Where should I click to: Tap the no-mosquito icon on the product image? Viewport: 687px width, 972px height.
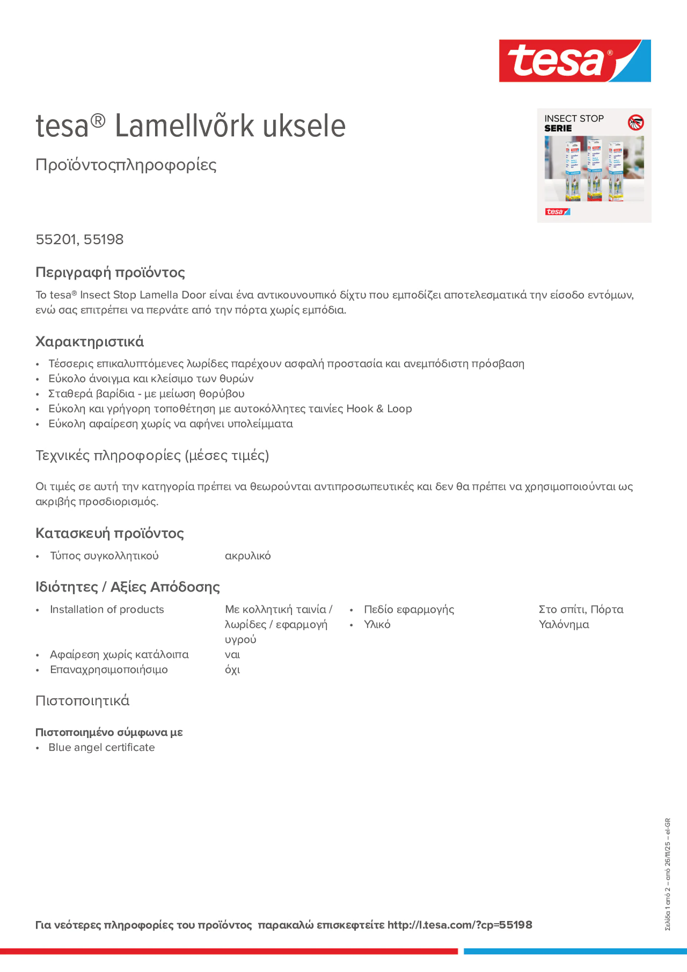pos(635,122)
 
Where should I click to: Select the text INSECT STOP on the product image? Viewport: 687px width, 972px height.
pos(573,119)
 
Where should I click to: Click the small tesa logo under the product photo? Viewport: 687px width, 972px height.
pos(557,212)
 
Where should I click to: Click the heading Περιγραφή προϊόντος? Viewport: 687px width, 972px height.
pos(110,272)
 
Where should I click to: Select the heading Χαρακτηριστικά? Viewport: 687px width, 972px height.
pos(89,342)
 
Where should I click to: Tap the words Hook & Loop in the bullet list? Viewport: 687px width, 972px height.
pos(379,409)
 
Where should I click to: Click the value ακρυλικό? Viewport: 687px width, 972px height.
pos(247,556)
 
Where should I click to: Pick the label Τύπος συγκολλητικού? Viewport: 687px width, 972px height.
pos(104,556)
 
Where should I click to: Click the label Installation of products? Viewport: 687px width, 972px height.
pos(107,609)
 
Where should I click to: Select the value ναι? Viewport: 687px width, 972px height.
pos(232,655)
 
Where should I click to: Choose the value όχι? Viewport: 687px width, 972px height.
pos(232,670)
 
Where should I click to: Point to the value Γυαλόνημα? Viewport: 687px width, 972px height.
pos(563,624)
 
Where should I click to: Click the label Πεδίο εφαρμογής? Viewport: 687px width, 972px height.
pos(409,609)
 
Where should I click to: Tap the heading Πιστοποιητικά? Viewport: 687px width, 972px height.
pos(82,701)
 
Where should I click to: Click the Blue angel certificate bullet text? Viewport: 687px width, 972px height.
pos(102,747)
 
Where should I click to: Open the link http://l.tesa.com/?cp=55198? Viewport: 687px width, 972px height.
pos(459,925)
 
